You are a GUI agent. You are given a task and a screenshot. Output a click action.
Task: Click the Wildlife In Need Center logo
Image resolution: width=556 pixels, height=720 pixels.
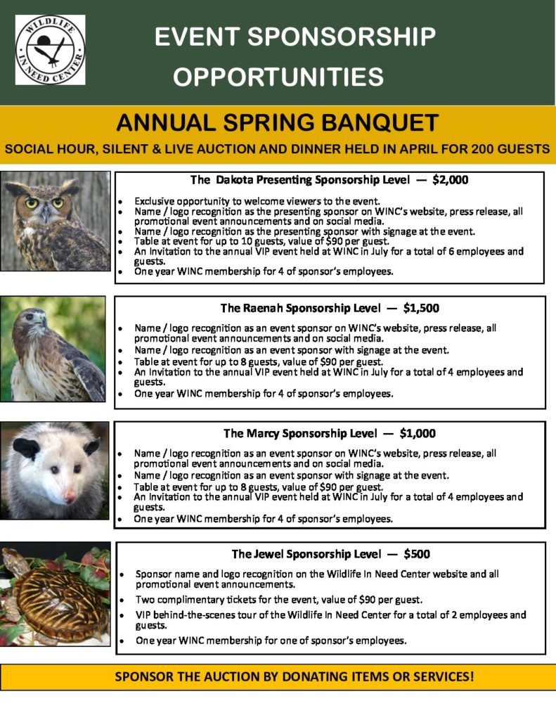tap(50, 50)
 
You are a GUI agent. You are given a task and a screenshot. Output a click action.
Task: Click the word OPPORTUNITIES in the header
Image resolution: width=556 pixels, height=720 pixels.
tap(278, 77)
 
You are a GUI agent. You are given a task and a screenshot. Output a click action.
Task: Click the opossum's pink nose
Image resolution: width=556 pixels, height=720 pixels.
tap(70, 497)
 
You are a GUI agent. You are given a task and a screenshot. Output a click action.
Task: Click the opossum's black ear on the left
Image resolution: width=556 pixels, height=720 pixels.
tap(27, 449)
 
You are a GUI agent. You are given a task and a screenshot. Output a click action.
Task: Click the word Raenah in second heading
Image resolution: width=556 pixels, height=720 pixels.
tap(264, 308)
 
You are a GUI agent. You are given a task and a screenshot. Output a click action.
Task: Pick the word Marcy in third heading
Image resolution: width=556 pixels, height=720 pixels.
tap(264, 433)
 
